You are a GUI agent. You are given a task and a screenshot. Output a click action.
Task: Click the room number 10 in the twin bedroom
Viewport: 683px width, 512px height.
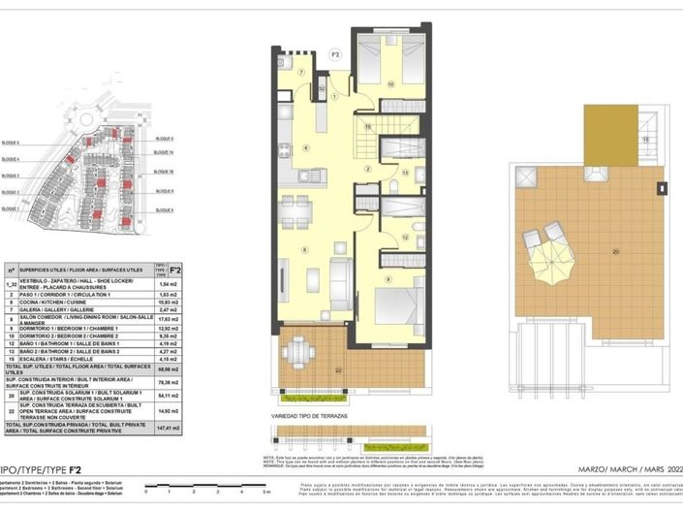tap(390, 84)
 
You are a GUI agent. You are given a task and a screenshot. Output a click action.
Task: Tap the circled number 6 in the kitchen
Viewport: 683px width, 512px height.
tap(305, 147)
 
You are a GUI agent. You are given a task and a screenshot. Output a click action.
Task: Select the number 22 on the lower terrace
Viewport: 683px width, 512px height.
tap(338, 371)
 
